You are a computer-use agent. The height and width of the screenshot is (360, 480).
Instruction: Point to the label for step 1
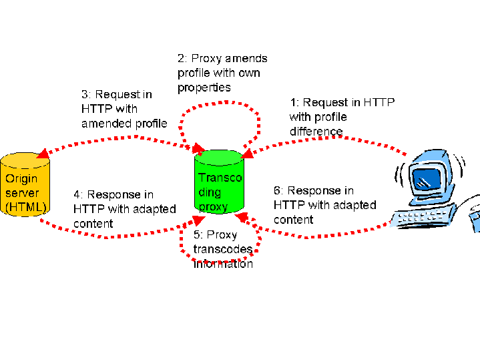tap(341, 117)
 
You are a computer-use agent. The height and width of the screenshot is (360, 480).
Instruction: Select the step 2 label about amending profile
tap(222, 73)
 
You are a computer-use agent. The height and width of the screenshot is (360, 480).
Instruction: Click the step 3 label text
tap(124, 109)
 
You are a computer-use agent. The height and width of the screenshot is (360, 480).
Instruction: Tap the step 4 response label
tap(124, 209)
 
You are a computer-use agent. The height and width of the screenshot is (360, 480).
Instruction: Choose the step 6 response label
tap(324, 205)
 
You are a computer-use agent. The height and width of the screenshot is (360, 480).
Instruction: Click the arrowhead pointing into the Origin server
tap(41, 154)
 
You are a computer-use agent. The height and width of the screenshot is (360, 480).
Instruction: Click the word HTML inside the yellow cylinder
tap(25, 208)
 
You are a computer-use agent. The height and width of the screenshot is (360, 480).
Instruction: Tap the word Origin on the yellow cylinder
tap(21, 179)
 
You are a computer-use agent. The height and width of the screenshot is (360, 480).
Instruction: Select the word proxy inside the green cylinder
tap(213, 206)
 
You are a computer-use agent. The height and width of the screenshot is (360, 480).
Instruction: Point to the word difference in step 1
tap(316, 132)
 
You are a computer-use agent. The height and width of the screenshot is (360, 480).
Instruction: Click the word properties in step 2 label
tap(204, 87)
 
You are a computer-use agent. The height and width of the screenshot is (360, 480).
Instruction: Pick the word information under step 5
tap(223, 264)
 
